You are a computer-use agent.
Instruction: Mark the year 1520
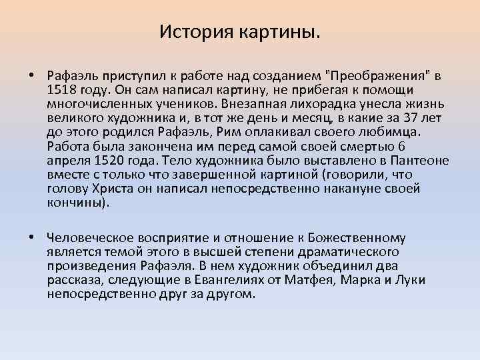[115, 161]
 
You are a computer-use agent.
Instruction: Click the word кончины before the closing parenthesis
[75, 204]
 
